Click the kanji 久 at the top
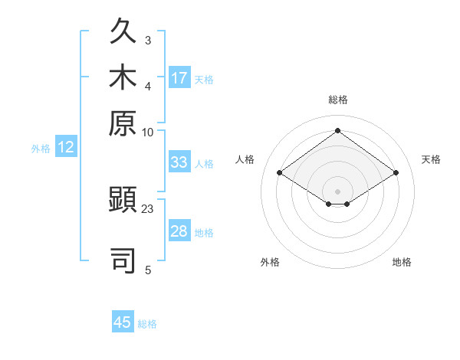pos(123,31)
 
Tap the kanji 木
pos(123,76)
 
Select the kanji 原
pos(123,123)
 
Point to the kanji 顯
pos(123,199)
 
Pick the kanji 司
pos(123,260)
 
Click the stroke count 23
pos(147,209)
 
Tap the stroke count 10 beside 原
pos(147,133)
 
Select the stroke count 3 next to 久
pos(148,41)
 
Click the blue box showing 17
pos(179,77)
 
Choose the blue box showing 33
pos(179,162)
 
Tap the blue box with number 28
pos(179,230)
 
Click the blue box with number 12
pos(66,146)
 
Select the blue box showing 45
pos(123,321)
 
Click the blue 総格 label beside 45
pos(147,324)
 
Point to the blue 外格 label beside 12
pos(41,149)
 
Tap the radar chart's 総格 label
pos(338,100)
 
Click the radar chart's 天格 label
pos(431,159)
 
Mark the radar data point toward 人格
pos(280,172)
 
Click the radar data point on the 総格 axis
pos(337,130)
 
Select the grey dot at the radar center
pos(337,191)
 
